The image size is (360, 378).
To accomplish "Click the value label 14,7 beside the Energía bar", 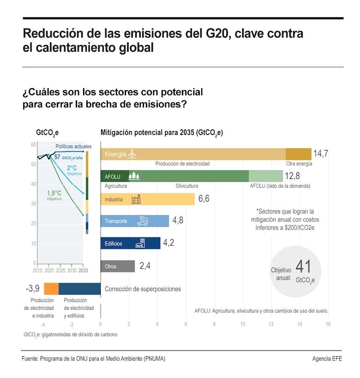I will click(320, 154).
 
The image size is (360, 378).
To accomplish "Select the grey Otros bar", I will click(118, 266).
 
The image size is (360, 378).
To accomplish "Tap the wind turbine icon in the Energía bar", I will click(132, 154).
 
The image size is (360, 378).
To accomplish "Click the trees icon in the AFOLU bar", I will click(134, 176).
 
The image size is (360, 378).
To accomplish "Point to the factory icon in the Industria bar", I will click(136, 199).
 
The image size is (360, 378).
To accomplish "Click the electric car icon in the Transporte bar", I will click(142, 221).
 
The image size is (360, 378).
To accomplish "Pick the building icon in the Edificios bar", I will click(139, 243).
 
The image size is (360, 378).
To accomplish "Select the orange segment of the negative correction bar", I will click(51, 289).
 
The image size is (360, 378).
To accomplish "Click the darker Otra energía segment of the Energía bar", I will click(298, 154).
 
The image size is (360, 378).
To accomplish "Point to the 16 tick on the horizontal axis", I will click(328, 324).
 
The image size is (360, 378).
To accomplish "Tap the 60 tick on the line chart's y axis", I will click(33, 145).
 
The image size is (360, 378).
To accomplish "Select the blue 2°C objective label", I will click(72, 168).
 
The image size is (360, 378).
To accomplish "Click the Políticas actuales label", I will click(73, 146).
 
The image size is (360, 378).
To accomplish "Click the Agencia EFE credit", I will click(327, 359).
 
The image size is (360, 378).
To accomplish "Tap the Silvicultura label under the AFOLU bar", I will click(186, 186).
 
